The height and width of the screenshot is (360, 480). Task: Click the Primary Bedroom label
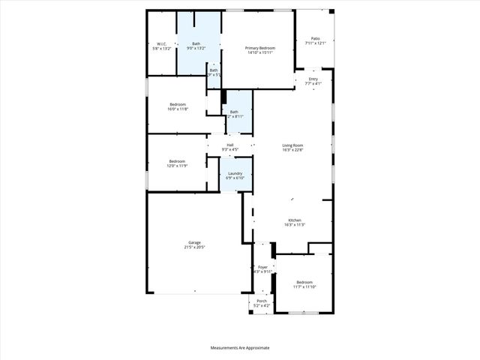pyautogui.click(x=261, y=48)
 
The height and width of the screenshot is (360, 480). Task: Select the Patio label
pyautogui.click(x=316, y=38)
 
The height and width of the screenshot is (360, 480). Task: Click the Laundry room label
pyautogui.click(x=235, y=173)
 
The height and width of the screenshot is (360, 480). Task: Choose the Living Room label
pyautogui.click(x=292, y=145)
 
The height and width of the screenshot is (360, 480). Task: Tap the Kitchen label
pyautogui.click(x=294, y=220)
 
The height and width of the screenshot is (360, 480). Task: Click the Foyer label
pyautogui.click(x=262, y=267)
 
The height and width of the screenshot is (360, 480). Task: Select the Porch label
pyautogui.click(x=262, y=301)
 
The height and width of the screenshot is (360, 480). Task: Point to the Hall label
pyautogui.click(x=230, y=145)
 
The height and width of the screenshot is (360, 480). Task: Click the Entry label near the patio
pyautogui.click(x=313, y=79)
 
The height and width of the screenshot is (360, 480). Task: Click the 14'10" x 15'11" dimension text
pyautogui.click(x=261, y=52)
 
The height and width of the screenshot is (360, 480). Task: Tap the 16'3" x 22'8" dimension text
pyautogui.click(x=292, y=149)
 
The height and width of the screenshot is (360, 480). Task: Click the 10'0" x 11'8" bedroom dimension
pyautogui.click(x=178, y=109)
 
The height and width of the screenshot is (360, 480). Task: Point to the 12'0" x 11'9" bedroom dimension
pyautogui.click(x=177, y=165)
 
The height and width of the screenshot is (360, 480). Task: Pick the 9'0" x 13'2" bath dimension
pyautogui.click(x=196, y=48)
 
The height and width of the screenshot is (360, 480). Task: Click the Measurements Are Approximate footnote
pyautogui.click(x=240, y=347)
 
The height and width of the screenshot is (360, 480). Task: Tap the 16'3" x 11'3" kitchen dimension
pyautogui.click(x=294, y=224)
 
